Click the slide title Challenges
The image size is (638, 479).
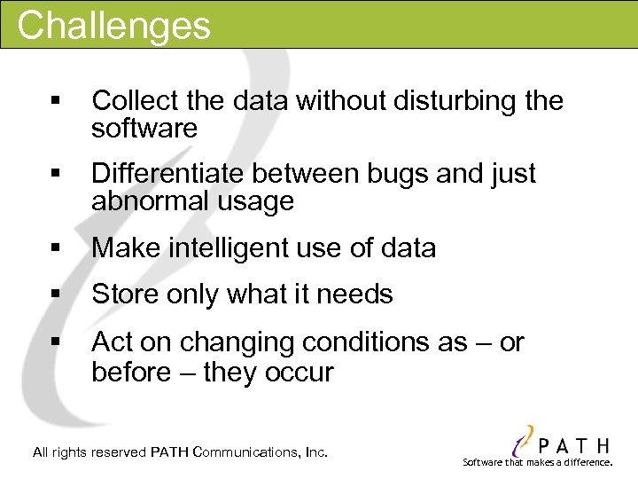click(113, 25)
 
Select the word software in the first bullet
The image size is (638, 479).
click(144, 129)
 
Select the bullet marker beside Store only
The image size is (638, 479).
click(57, 294)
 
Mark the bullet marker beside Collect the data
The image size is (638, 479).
click(57, 101)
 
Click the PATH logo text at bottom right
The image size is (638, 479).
click(571, 444)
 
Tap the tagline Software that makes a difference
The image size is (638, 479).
click(538, 463)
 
